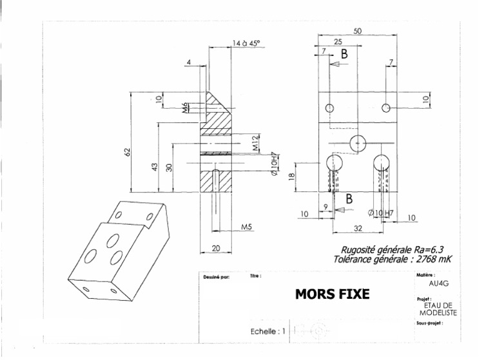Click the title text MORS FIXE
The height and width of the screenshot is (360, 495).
tap(332, 294)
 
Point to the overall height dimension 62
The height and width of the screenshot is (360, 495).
tap(128, 152)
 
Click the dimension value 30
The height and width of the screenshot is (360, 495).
tap(169, 167)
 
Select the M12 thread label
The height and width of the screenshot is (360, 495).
tap(255, 143)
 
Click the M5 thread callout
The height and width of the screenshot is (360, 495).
tap(247, 227)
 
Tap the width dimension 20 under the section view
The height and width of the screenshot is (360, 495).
tap(216, 248)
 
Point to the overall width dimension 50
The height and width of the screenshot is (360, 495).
tap(358, 31)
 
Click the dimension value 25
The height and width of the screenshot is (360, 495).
tap(337, 41)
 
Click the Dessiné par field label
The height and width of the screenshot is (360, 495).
tap(216, 276)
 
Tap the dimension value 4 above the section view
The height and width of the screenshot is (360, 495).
tap(188, 62)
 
